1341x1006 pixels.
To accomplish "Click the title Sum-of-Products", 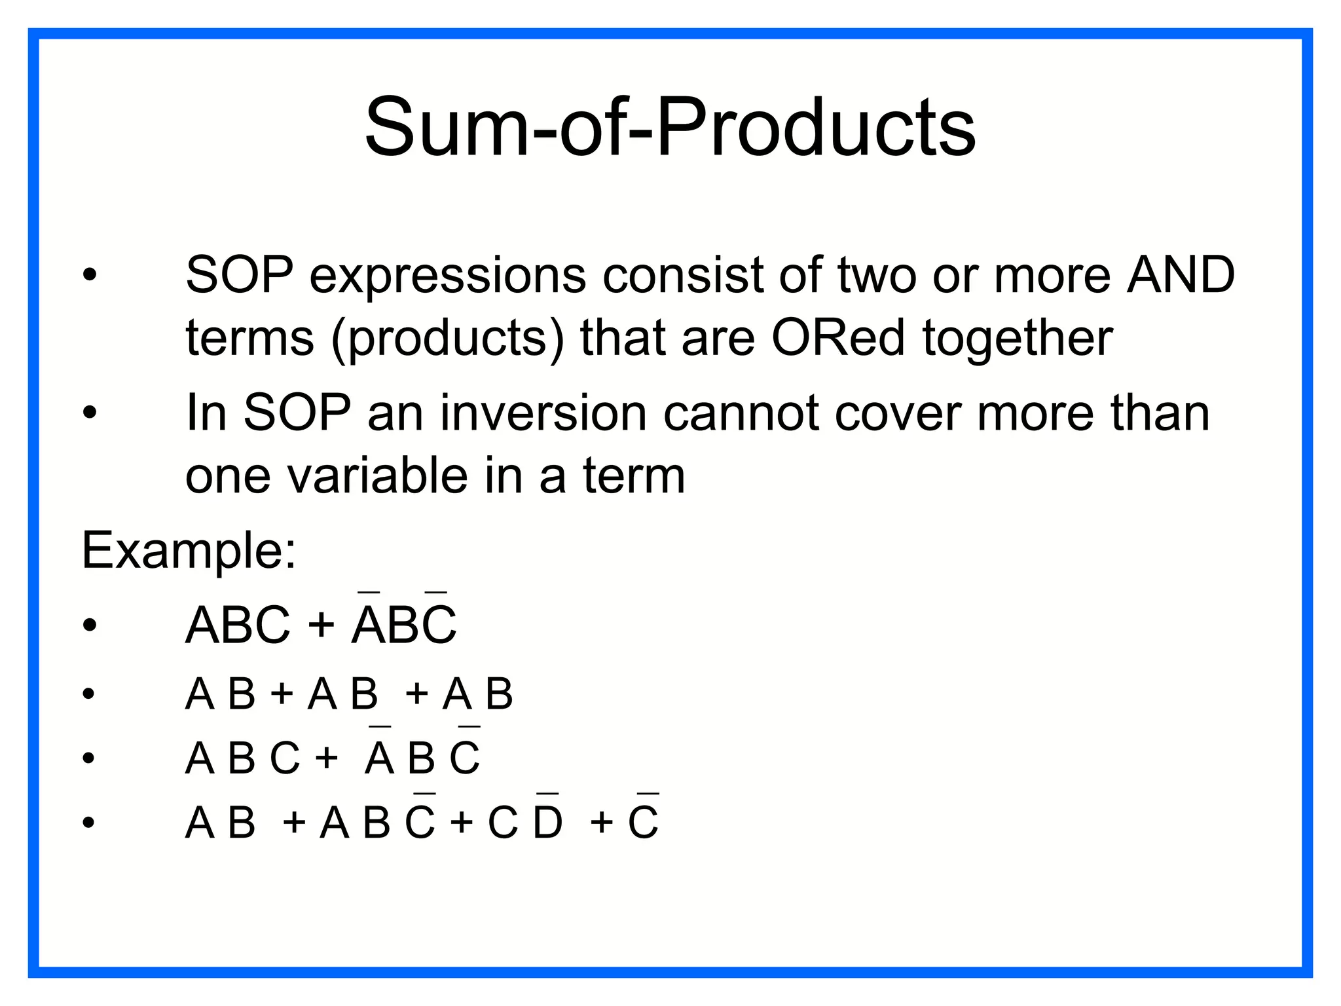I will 670,127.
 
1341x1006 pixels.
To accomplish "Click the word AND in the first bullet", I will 1181,275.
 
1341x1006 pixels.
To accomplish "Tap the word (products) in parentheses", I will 447,339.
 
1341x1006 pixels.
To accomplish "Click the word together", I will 1018,339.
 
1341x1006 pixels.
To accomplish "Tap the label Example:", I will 189,551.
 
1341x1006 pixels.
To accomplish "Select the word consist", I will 682,275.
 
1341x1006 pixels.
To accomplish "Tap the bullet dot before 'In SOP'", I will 90,413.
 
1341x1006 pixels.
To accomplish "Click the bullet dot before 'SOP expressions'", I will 90,275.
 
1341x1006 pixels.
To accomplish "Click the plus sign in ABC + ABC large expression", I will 321,624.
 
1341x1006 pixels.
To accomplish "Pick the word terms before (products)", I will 250,339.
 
